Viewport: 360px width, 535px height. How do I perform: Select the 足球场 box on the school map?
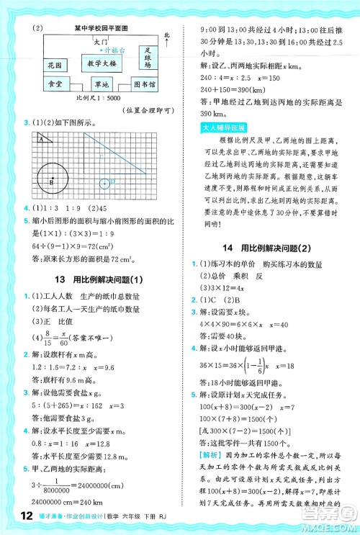148,59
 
